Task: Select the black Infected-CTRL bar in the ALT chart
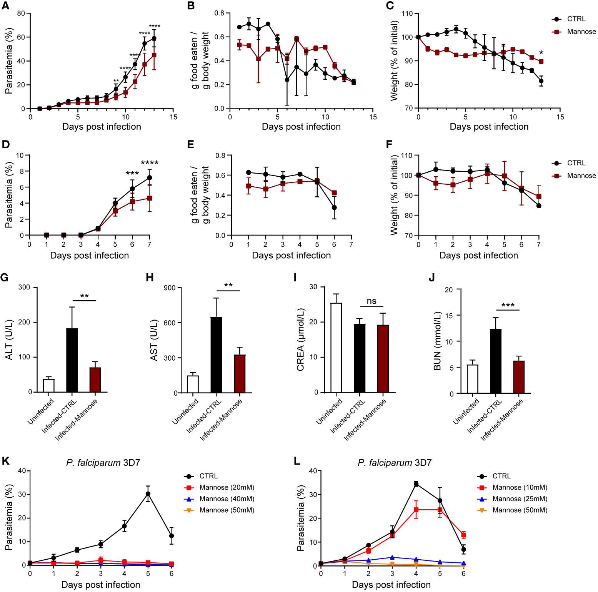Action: click(72, 360)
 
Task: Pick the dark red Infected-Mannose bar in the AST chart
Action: click(240, 373)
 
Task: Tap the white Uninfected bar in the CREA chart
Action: click(336, 347)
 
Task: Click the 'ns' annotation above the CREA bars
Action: click(371, 301)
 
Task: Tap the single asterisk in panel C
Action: click(541, 53)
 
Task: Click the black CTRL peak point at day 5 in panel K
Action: click(148, 494)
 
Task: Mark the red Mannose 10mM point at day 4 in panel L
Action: click(416, 510)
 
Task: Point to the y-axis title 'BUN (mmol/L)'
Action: click(437, 341)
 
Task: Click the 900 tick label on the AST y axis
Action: click(170, 288)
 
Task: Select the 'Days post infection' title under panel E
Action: click(291, 255)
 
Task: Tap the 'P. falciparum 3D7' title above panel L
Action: click(395, 463)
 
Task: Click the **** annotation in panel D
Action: click(150, 163)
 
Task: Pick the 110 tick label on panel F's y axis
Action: click(406, 156)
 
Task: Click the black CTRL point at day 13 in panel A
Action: click(154, 38)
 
